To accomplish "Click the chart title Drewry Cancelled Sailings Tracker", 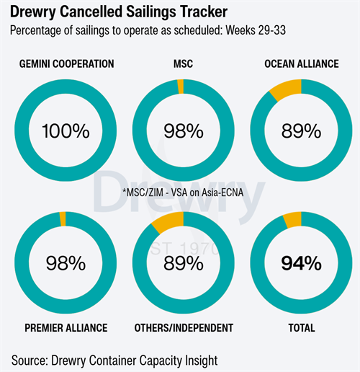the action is coord(119,12).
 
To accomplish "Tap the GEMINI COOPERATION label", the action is coord(66,64).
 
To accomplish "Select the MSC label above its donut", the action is coord(183,64).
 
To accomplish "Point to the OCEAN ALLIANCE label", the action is coord(302,64).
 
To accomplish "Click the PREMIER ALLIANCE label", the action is coord(66,328).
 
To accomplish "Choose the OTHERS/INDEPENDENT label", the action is coord(184,328).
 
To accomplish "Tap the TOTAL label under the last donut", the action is coord(302,328).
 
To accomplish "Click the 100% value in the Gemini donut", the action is coord(66,131).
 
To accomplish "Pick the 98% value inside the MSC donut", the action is coord(184,131).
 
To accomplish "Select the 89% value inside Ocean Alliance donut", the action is coord(301,131).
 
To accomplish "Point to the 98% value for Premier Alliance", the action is coord(66,263).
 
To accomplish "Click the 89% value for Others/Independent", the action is coord(184,263).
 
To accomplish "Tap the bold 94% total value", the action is coord(301,263).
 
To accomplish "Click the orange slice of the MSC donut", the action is coord(181,87).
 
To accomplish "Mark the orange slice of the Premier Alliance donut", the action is coord(63,219).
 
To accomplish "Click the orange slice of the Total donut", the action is coord(293,220).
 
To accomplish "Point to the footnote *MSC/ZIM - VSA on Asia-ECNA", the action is coord(183,192).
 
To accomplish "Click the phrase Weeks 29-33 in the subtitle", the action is coord(256,30).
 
